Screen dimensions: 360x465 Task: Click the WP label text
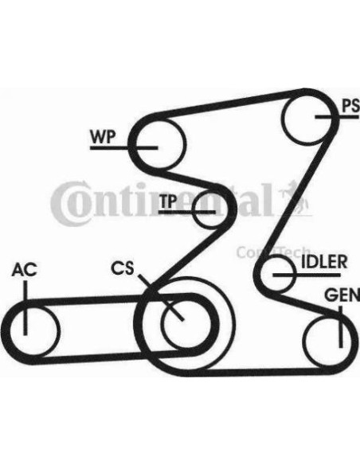[x=103, y=136]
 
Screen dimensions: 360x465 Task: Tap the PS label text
[x=350, y=106]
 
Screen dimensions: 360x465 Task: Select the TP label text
[x=168, y=201]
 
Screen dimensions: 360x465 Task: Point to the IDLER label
[x=324, y=262]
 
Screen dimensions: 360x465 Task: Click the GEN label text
[x=342, y=295]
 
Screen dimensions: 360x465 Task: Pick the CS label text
[x=123, y=268]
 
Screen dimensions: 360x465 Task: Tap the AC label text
[x=25, y=270]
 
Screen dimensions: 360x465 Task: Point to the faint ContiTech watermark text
[x=273, y=252]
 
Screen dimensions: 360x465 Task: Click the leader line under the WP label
[x=123, y=147]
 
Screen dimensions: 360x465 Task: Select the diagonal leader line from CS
[x=161, y=297]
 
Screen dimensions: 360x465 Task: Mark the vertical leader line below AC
[x=25, y=308]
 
